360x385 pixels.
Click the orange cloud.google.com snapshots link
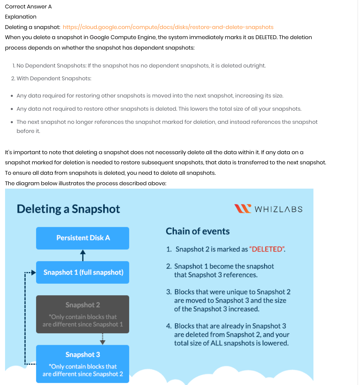click(168, 27)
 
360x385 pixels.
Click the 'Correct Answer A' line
click(28, 6)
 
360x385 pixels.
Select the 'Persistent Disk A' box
click(83, 238)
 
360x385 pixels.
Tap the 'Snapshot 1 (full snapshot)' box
click(83, 272)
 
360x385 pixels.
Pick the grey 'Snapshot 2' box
click(83, 314)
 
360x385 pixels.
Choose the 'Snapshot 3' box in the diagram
click(83, 364)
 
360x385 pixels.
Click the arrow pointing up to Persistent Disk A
click(83, 255)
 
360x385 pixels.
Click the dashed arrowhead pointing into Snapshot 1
click(33, 272)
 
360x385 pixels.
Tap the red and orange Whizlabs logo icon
click(243, 209)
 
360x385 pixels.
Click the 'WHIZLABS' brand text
click(278, 209)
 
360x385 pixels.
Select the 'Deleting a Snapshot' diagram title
click(68, 209)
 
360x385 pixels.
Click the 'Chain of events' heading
click(198, 231)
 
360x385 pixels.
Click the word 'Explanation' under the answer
click(21, 17)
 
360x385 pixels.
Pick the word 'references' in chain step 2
click(240, 275)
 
